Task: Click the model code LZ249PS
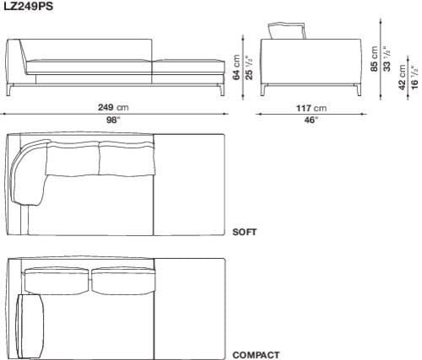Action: (x=28, y=6)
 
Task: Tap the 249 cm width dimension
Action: (x=113, y=107)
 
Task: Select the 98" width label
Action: (x=113, y=120)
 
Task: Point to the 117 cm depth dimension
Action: (x=311, y=108)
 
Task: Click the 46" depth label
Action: (x=311, y=121)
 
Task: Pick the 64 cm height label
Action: (x=237, y=67)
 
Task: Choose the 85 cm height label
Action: (x=375, y=59)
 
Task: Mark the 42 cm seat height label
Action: (x=403, y=78)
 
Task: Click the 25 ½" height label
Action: (x=249, y=67)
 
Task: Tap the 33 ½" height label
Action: (x=387, y=59)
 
